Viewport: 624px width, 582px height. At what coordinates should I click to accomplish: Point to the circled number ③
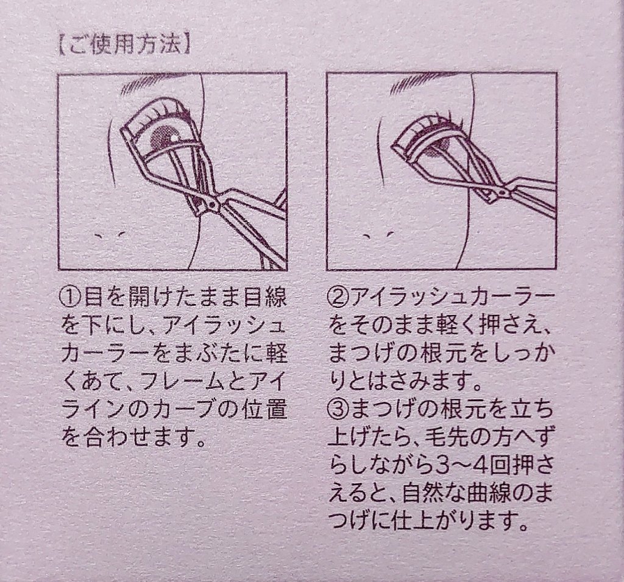point(338,411)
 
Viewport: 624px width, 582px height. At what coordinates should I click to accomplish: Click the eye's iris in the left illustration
point(163,136)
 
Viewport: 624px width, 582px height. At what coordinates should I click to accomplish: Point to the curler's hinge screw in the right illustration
point(503,192)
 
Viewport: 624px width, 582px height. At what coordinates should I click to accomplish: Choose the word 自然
point(424,495)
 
